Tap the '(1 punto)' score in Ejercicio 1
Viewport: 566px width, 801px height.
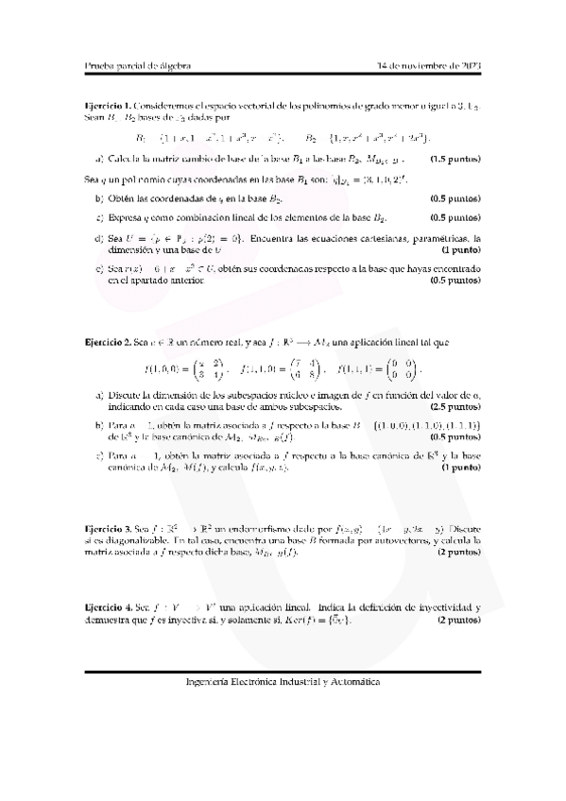pos(461,252)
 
